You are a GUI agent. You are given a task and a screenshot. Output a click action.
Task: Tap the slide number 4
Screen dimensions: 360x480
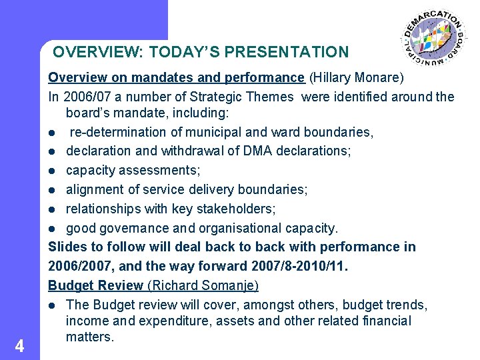tap(20, 345)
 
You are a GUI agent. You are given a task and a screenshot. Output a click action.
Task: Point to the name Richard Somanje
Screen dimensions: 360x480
tap(203, 286)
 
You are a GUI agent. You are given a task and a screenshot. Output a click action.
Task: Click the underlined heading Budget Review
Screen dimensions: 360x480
tap(95, 286)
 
